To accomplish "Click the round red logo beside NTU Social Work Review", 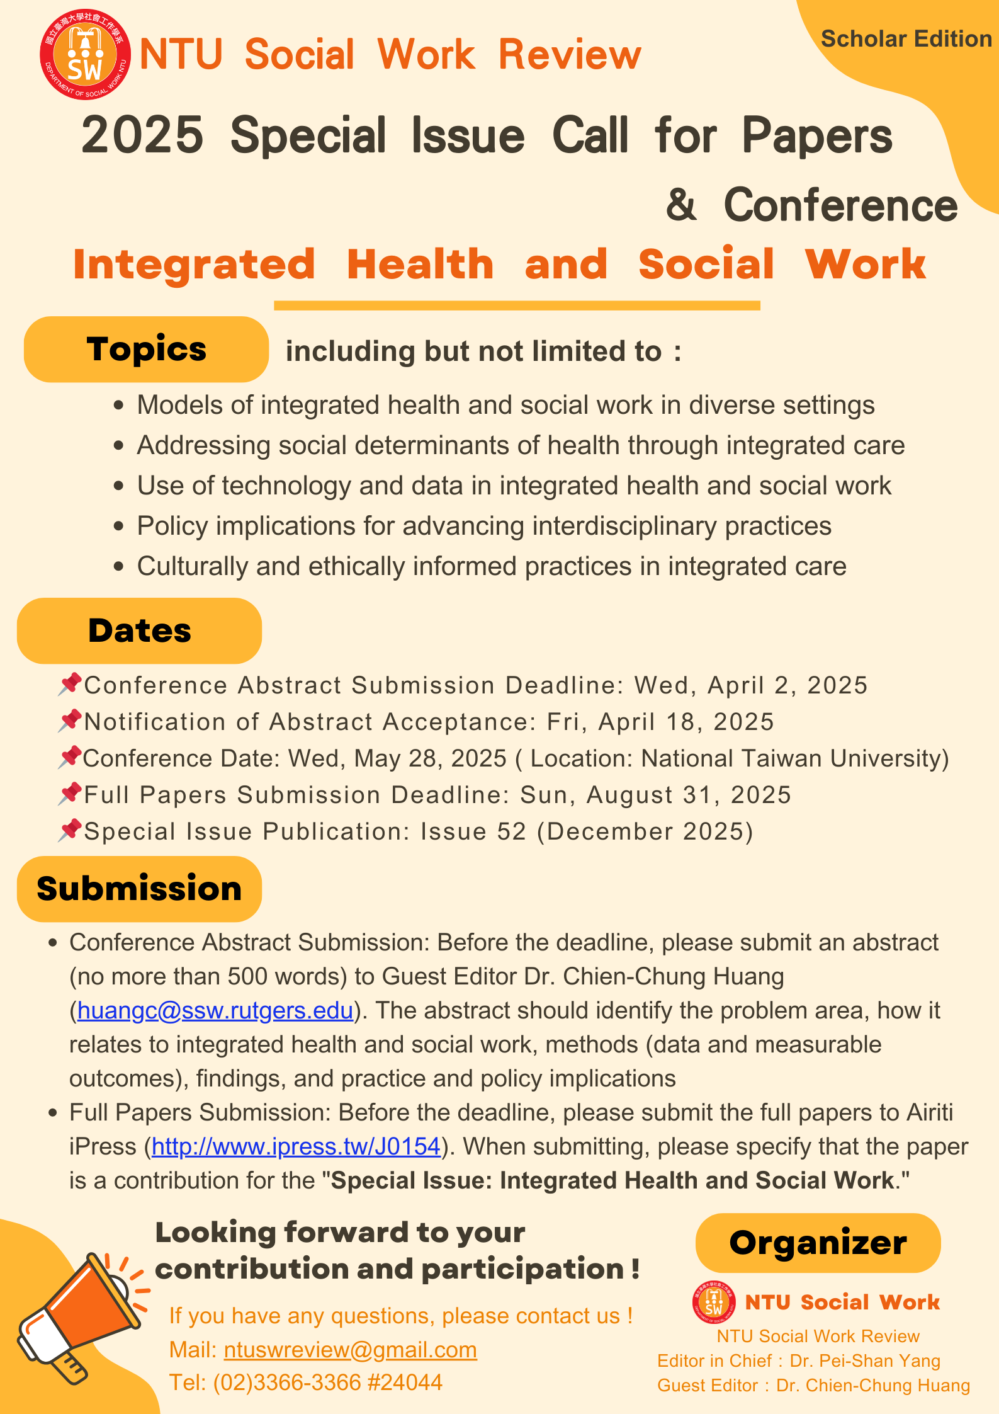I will coord(86,55).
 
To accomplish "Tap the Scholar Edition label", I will coord(906,39).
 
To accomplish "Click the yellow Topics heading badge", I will coord(146,350).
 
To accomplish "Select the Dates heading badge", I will coord(139,630).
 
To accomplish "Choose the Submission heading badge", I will coord(139,889).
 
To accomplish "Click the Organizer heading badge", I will coord(818,1243).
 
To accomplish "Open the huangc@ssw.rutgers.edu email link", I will coord(215,1010).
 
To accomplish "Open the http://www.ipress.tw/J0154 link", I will coord(295,1146).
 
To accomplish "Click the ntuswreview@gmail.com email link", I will coord(350,1350).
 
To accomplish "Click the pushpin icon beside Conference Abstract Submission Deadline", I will coord(70,684).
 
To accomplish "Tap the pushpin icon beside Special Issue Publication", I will coord(70,830).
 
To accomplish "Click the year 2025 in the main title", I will coord(142,135).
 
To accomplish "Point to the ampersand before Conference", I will coord(681,205).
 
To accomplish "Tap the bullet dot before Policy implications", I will coord(119,526).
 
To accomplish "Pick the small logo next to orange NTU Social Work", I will coord(713,1302).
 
